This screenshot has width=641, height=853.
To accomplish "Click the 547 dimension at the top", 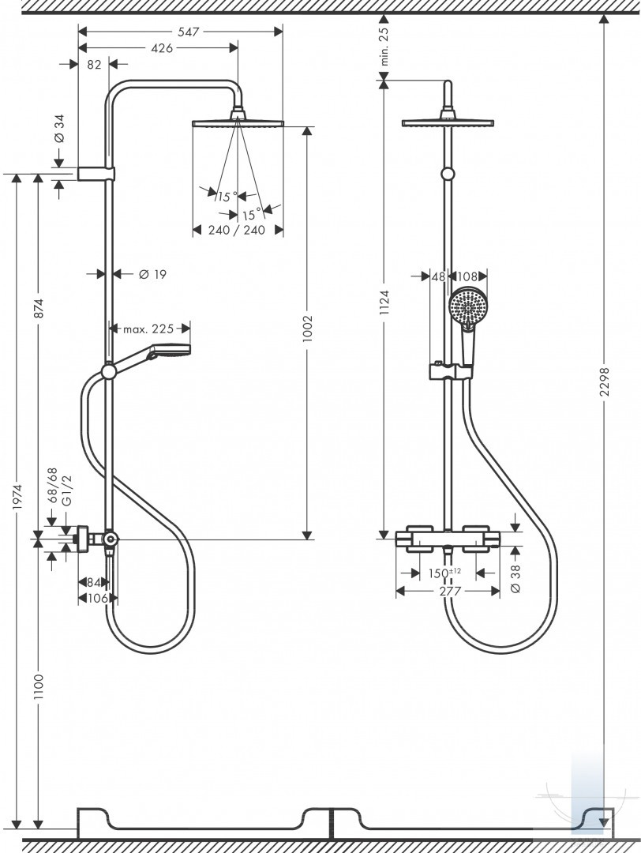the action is pyautogui.click(x=189, y=32).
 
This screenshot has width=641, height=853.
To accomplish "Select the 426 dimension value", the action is pyautogui.click(x=162, y=48).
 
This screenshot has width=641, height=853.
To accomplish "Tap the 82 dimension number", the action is pyautogui.click(x=94, y=64).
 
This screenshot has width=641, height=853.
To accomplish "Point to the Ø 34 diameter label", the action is pyautogui.click(x=59, y=129).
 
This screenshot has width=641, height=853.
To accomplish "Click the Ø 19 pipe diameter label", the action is pyautogui.click(x=153, y=274).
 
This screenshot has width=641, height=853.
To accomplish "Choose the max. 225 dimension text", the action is pyautogui.click(x=148, y=329).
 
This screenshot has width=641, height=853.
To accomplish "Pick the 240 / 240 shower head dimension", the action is pyautogui.click(x=237, y=230).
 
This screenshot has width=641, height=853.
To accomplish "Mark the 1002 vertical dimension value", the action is pyautogui.click(x=309, y=329).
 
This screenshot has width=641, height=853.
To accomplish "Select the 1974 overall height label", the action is pyautogui.click(x=18, y=498).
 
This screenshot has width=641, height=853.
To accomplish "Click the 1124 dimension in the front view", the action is pyautogui.click(x=385, y=303).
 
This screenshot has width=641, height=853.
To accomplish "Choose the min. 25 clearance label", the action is pyautogui.click(x=384, y=47).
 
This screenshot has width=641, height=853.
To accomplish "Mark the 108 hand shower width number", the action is pyautogui.click(x=469, y=277).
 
